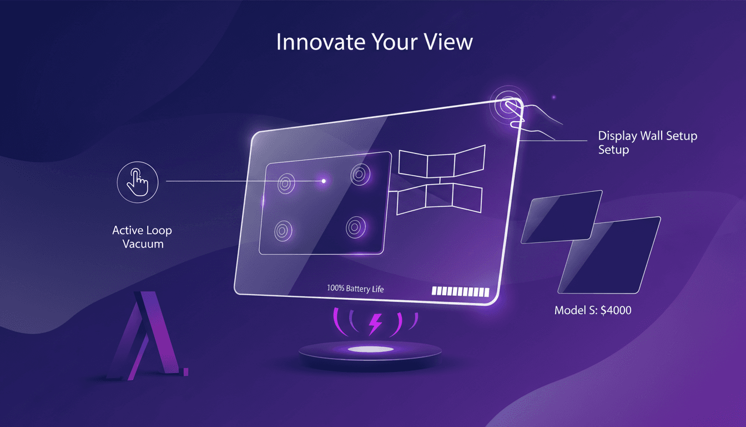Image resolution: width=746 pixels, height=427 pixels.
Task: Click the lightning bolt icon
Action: point(375,324)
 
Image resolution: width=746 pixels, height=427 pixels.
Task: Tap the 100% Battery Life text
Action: point(356,289)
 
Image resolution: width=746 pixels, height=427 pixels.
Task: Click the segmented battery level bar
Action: point(460,292)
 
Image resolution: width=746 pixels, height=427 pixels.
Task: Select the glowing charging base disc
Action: point(370,350)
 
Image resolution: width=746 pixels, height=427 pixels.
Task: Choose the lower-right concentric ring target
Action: point(354,226)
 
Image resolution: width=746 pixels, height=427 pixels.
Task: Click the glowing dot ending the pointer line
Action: point(324,181)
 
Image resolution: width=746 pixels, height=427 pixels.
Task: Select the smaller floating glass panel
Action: point(562,216)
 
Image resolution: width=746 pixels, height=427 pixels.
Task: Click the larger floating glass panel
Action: point(609,255)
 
